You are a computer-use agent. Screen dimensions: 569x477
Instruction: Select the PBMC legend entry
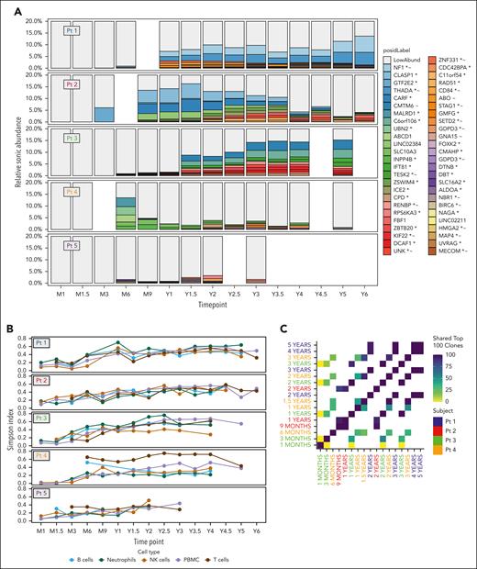pos(216,557)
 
